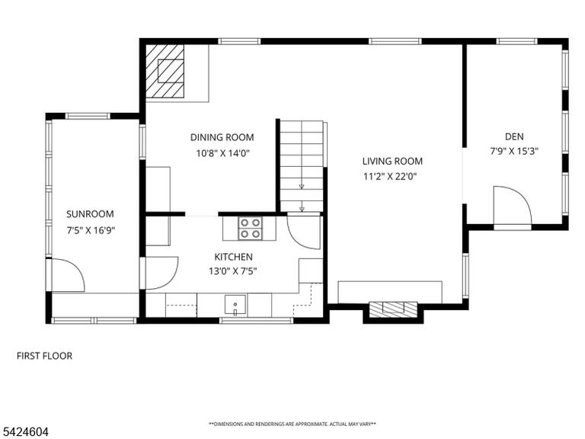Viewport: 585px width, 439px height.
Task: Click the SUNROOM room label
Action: (90, 214)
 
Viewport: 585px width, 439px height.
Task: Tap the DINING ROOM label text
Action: (222, 137)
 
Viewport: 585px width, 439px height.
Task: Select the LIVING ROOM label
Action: (392, 162)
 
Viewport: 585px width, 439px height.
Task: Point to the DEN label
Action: (514, 136)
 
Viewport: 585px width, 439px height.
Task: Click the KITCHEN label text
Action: (234, 257)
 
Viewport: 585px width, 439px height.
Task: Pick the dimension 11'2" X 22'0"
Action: (390, 176)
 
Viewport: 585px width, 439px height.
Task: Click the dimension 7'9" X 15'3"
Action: (514, 151)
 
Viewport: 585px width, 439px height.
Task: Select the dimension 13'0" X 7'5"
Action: (233, 271)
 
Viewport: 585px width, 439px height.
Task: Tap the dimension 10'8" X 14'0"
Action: (222, 153)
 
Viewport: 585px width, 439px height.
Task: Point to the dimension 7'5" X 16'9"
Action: (91, 230)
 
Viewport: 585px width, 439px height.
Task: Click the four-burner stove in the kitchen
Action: (250, 228)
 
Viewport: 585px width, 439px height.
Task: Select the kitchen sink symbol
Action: (235, 305)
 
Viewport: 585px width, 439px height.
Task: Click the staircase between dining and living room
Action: (302, 166)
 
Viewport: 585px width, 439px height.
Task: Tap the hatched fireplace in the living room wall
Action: (393, 309)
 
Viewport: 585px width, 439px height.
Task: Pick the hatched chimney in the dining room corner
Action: (165, 71)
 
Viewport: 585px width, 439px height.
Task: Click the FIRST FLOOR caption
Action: (44, 356)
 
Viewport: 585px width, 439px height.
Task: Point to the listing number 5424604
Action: (24, 432)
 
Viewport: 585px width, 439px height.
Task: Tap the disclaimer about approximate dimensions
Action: (292, 424)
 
